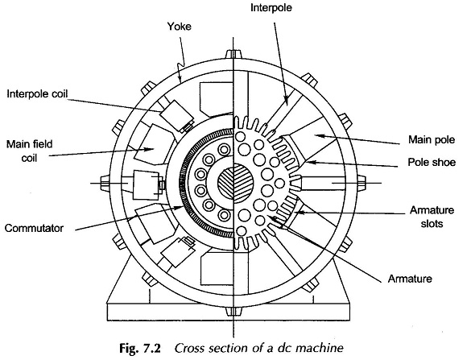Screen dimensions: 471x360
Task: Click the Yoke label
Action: (179, 27)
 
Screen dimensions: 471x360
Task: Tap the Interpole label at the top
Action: (271, 7)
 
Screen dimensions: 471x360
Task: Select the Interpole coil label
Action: (37, 93)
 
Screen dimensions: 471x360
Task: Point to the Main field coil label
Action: (29, 151)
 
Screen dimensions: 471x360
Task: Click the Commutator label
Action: (34, 228)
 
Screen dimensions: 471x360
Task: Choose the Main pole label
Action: (432, 139)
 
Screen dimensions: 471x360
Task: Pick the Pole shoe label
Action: (432, 162)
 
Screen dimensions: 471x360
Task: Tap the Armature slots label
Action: (432, 217)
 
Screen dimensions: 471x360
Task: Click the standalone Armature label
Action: (410, 279)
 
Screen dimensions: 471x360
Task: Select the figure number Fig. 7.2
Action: (140, 348)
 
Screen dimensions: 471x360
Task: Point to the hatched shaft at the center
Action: (235, 181)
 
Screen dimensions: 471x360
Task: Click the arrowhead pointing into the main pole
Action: (321, 136)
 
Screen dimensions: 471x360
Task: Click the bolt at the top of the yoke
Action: (233, 54)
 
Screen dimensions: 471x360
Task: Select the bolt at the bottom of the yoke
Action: (233, 311)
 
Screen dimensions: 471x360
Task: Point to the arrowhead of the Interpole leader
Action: (286, 101)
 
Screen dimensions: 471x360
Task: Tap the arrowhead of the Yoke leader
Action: (180, 78)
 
